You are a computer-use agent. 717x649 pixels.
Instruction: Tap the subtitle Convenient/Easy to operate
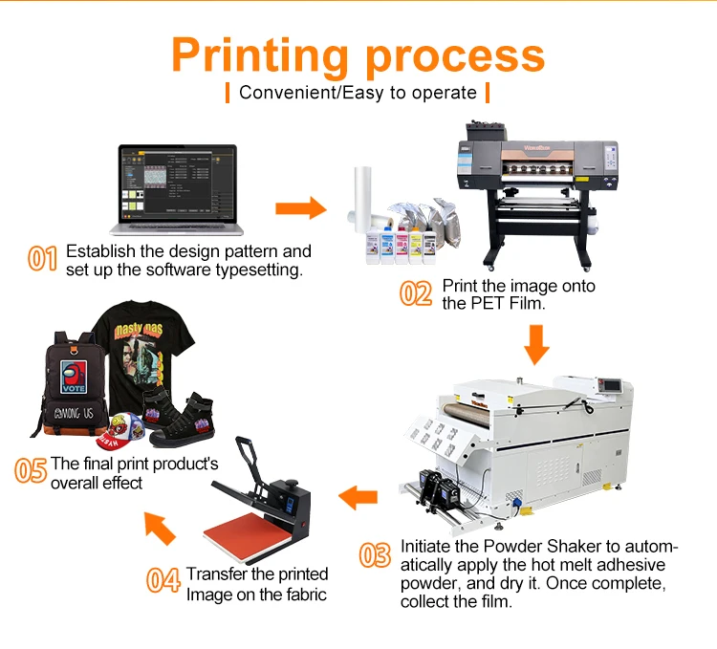pos(358,93)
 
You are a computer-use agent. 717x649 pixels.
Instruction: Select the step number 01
pos(43,259)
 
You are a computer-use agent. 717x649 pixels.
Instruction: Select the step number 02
pos(416,293)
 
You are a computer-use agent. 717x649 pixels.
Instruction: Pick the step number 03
pos(375,555)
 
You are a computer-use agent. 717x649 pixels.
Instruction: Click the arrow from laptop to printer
pos(299,209)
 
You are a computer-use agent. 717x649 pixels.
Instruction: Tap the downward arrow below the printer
pos(536,343)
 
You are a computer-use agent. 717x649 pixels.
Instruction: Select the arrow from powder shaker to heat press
pos(359,496)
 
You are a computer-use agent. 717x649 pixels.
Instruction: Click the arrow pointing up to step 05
pos(160,527)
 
